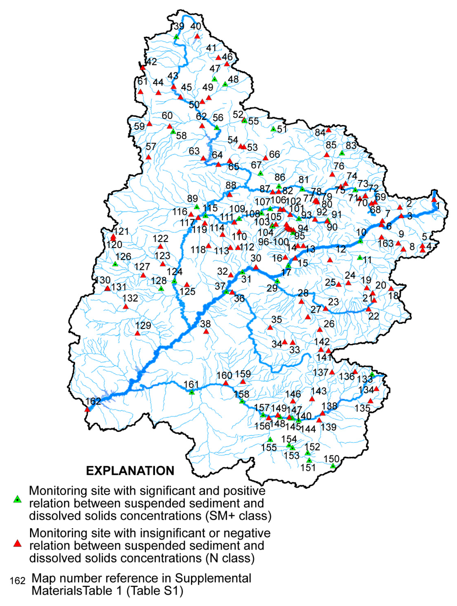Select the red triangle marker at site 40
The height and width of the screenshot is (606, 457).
197,36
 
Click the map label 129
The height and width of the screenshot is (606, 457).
143,325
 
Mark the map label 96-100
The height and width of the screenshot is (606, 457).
274,242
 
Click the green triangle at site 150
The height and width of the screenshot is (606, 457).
333,466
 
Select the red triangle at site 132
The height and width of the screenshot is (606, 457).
126,307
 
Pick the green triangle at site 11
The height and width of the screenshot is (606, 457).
360,258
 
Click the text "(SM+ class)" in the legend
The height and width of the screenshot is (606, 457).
238,516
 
